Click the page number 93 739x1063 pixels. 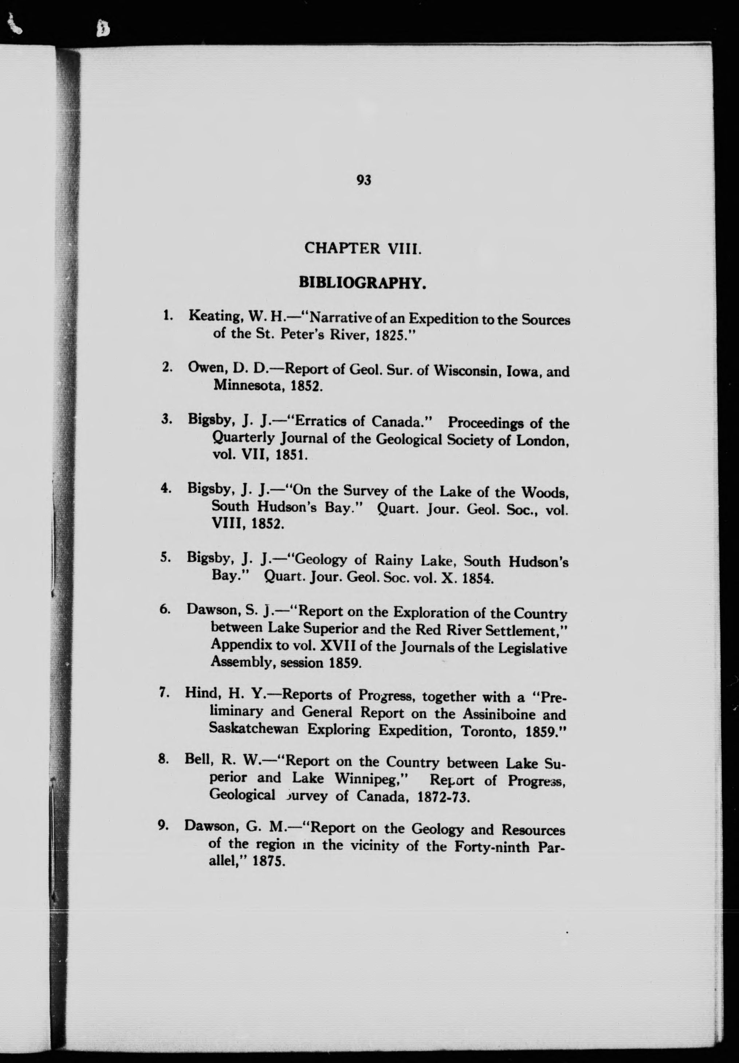click(364, 180)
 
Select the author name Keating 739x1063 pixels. click(216, 317)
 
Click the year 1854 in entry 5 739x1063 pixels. click(478, 579)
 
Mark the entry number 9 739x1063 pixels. click(162, 825)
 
